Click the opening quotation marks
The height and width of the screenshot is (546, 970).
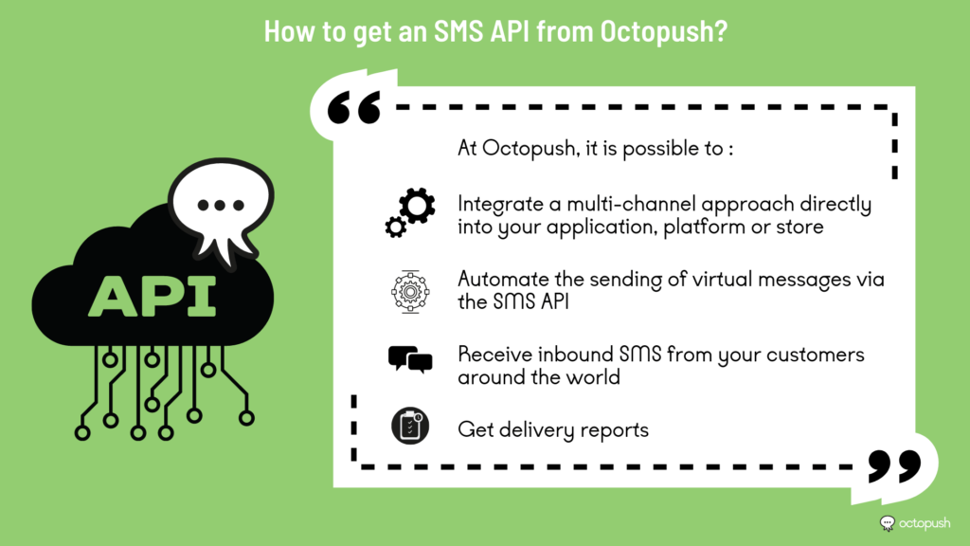pyautogui.click(x=354, y=108)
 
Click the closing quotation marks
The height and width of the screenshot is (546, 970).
pyautogui.click(x=894, y=465)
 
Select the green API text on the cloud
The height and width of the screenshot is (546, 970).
pyautogui.click(x=153, y=297)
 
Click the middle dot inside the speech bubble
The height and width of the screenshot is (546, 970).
pyautogui.click(x=220, y=205)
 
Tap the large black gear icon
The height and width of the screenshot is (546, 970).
pyautogui.click(x=417, y=206)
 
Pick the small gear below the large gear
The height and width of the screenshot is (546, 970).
pyautogui.click(x=395, y=227)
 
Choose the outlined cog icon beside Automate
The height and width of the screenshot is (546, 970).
pyautogui.click(x=410, y=291)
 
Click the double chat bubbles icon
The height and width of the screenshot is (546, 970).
pyautogui.click(x=410, y=359)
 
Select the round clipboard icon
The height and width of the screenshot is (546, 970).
pyautogui.click(x=410, y=426)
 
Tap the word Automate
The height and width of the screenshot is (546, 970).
pyautogui.click(x=504, y=280)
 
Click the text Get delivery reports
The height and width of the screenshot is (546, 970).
pyautogui.click(x=553, y=429)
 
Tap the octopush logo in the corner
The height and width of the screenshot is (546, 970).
pyautogui.click(x=915, y=523)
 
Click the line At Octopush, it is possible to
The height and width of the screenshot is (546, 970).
pyautogui.click(x=595, y=149)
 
